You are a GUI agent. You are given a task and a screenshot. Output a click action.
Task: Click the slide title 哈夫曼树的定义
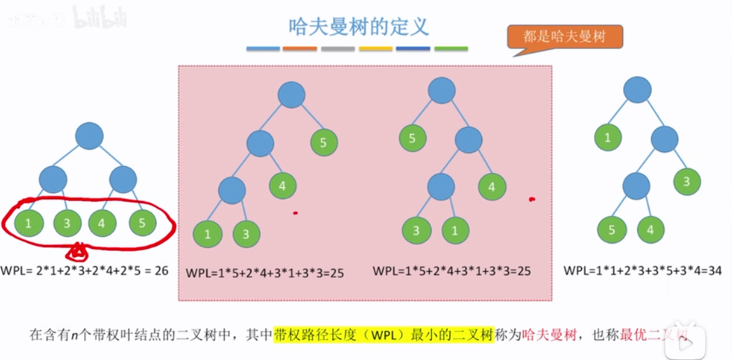[359, 28]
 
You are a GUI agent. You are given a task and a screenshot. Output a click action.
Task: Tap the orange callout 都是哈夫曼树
[564, 36]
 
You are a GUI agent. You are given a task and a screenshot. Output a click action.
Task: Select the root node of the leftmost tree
[89, 136]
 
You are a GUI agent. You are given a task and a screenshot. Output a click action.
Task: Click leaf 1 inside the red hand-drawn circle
[28, 223]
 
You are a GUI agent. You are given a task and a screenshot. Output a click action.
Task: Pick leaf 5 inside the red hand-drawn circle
[142, 223]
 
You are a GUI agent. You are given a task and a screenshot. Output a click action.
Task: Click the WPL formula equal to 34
[643, 271]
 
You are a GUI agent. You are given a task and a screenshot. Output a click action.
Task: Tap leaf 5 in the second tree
[324, 142]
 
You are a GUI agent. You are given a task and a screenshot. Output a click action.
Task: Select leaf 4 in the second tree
[283, 186]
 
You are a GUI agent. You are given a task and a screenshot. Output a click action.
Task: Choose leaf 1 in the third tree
[455, 231]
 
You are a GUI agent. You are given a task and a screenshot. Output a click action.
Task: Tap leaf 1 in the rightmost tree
[608, 139]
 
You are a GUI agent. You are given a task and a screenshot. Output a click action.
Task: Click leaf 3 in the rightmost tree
[687, 182]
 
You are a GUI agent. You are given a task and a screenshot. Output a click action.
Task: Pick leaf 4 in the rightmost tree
[651, 230]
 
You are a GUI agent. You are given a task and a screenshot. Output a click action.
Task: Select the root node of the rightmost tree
[637, 90]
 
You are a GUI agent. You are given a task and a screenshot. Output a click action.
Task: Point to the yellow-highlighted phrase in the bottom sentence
[383, 334]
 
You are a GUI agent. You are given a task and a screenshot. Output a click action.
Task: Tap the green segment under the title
[451, 49]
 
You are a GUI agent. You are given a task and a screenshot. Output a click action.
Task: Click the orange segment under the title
[300, 49]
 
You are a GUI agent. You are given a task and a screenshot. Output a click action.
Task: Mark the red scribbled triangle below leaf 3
[79, 254]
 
